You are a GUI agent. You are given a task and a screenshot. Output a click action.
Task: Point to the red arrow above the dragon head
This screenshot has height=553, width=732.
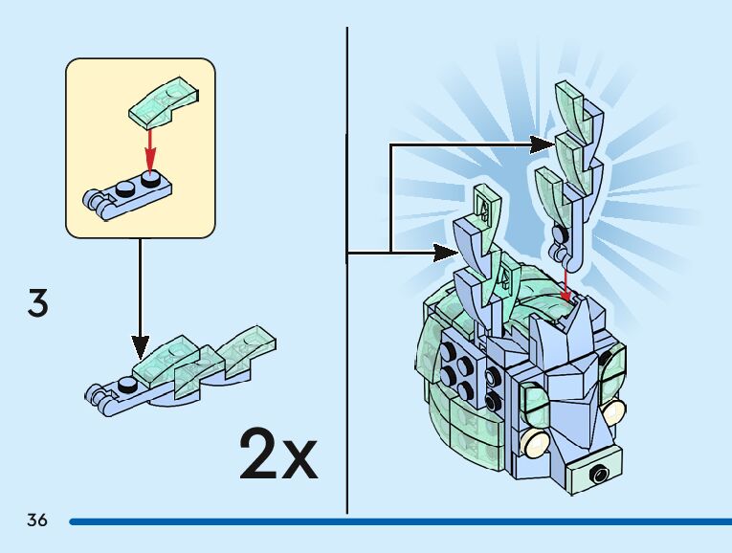[x=566, y=283]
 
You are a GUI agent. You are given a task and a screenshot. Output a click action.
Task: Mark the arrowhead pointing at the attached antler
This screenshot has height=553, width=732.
[x=451, y=252]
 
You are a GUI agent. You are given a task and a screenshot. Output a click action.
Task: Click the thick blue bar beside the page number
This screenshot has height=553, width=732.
[x=402, y=522]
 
